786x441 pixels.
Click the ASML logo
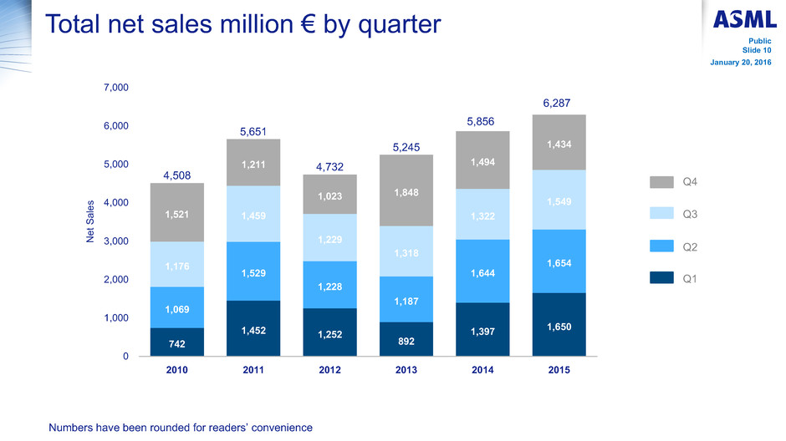coord(744,19)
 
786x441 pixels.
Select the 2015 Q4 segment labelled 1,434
coord(559,143)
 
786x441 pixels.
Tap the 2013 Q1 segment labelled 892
coord(406,339)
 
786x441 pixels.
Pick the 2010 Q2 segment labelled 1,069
coord(177,307)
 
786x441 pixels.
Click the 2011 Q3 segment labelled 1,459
coord(253,214)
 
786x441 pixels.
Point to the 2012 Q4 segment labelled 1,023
coord(329,195)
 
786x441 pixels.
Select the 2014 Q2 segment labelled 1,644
coord(482,271)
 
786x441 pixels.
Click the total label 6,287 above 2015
coord(556,103)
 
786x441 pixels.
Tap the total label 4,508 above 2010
coord(177,175)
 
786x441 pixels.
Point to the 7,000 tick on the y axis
coord(115,88)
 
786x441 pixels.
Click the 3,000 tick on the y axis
coord(115,241)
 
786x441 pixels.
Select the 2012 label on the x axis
coord(329,370)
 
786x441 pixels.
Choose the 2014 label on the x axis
coord(482,370)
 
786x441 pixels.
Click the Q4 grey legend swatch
coord(661,182)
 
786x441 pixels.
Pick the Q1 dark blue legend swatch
coord(661,278)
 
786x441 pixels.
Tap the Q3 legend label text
coord(690,215)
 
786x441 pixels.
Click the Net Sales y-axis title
coord(90,221)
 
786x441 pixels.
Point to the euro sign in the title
coord(308,24)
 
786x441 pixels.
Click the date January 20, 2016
coord(740,63)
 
